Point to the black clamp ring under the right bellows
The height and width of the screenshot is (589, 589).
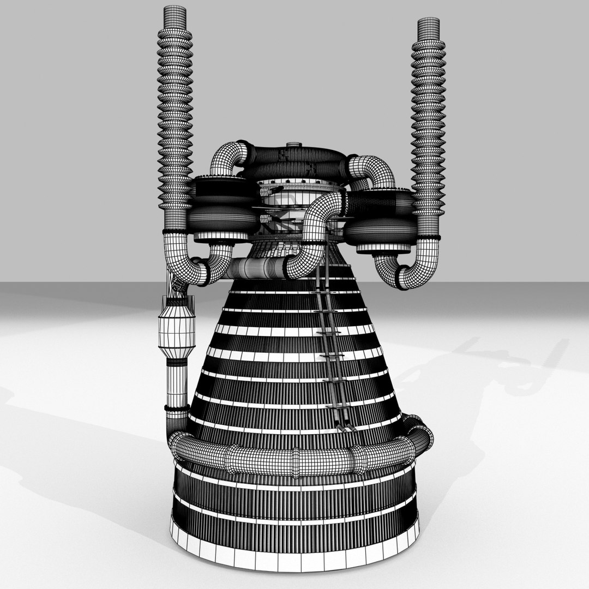[429, 238]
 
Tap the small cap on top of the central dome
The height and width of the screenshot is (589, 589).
[293, 146]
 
